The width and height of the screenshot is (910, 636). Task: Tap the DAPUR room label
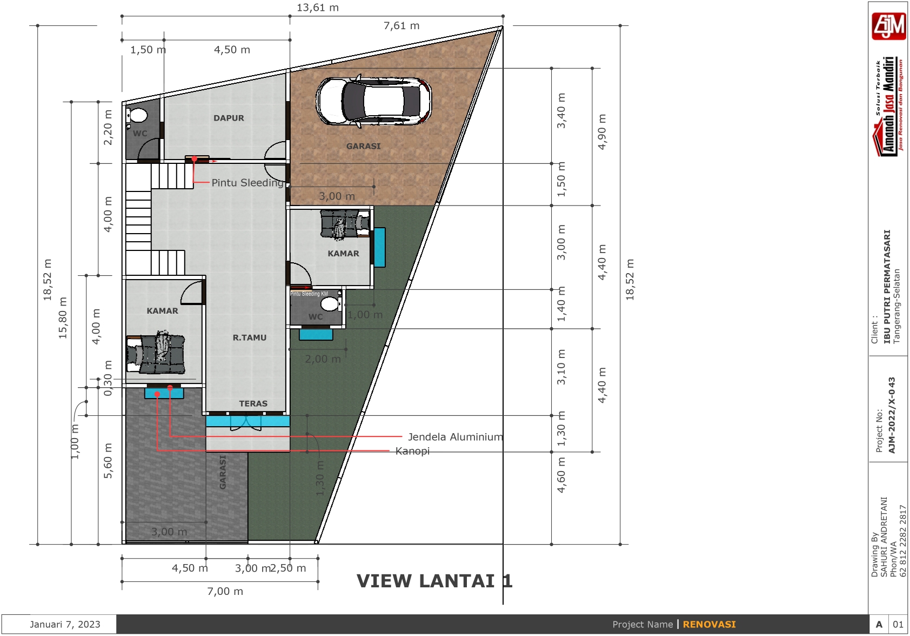pos(229,118)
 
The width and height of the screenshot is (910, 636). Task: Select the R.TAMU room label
pos(250,337)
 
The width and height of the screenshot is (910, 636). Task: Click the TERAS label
pos(253,403)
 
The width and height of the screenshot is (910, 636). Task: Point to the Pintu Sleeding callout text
pos(247,183)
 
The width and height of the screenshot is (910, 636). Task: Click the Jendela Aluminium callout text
pos(455,437)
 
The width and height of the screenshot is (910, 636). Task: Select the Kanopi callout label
pos(412,451)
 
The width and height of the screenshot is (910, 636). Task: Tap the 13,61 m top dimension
pos(318,8)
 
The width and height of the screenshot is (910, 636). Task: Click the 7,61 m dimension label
pos(402,25)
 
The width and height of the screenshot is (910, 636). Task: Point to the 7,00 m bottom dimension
pos(225,591)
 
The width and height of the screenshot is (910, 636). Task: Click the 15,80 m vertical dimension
pos(63,318)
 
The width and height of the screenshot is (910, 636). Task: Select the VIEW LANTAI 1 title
pos(434,581)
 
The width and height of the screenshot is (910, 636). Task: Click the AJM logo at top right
pos(888,25)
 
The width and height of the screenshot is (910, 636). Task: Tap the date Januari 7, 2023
pos(65,624)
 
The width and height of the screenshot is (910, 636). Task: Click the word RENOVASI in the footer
pos(709,624)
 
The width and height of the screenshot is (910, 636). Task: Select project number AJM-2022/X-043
pos(892,415)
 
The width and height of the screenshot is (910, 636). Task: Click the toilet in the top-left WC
pos(138,116)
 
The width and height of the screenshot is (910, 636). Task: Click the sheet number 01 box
pos(898,624)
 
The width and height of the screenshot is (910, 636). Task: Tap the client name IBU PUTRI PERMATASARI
pos(887,287)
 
